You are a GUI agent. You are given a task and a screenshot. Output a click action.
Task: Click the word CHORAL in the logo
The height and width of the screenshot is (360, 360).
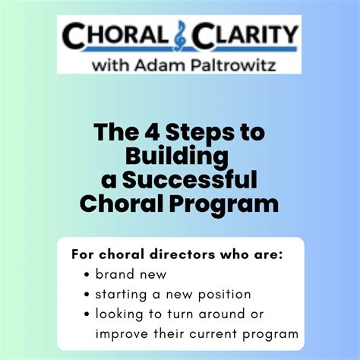click(115, 35)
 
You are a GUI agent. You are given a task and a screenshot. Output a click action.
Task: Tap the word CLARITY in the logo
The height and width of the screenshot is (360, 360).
click(245, 35)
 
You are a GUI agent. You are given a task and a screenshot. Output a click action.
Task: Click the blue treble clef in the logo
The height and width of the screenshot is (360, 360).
click(180, 35)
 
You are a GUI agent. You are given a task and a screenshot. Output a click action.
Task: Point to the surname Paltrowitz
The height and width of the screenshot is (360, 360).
click(233, 65)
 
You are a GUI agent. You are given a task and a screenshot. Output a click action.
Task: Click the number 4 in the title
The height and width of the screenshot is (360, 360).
click(152, 132)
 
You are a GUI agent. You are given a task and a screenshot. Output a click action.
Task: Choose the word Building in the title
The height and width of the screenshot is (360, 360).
click(177, 156)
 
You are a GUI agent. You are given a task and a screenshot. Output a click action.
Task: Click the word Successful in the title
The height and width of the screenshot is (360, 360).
click(190, 180)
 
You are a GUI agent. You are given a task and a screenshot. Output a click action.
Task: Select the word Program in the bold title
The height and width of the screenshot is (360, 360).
click(224, 205)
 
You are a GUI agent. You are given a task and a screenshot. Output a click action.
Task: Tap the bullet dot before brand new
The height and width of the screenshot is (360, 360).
click(87, 275)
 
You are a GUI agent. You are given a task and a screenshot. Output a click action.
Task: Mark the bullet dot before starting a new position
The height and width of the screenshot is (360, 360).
click(87, 295)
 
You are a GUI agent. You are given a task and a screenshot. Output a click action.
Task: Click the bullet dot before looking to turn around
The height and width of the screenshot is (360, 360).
click(87, 314)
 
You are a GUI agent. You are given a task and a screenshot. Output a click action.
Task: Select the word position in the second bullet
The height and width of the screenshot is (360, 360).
click(224, 295)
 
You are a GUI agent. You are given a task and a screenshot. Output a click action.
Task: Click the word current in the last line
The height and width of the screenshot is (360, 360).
click(213, 334)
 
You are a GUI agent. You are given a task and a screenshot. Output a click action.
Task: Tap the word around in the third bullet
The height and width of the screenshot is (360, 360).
click(222, 314)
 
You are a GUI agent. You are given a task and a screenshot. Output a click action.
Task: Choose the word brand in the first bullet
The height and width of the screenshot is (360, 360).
click(115, 274)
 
